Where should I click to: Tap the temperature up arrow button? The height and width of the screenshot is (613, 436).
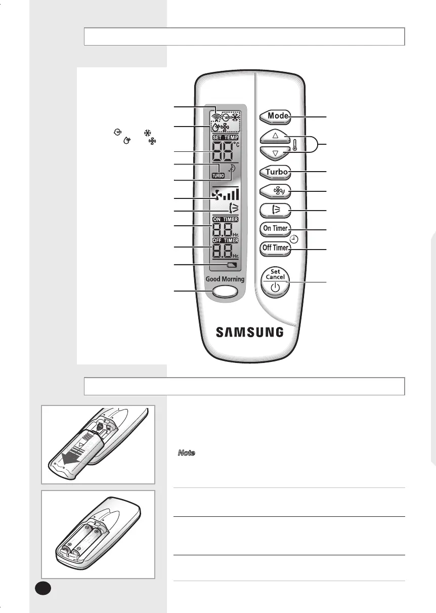pyautogui.click(x=275, y=136)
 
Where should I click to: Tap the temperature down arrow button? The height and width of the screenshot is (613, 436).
pyautogui.click(x=275, y=153)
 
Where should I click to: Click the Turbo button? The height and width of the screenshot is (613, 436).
pyautogui.click(x=275, y=172)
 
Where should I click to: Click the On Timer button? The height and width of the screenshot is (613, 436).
pyautogui.click(x=275, y=228)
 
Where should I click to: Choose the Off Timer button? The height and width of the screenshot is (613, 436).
pyautogui.click(x=275, y=249)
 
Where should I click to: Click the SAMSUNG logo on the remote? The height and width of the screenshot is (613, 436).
pyautogui.click(x=250, y=332)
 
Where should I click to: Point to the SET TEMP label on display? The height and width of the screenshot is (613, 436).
pyautogui.click(x=226, y=137)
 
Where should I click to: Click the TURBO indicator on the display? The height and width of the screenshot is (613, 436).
pyautogui.click(x=219, y=176)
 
